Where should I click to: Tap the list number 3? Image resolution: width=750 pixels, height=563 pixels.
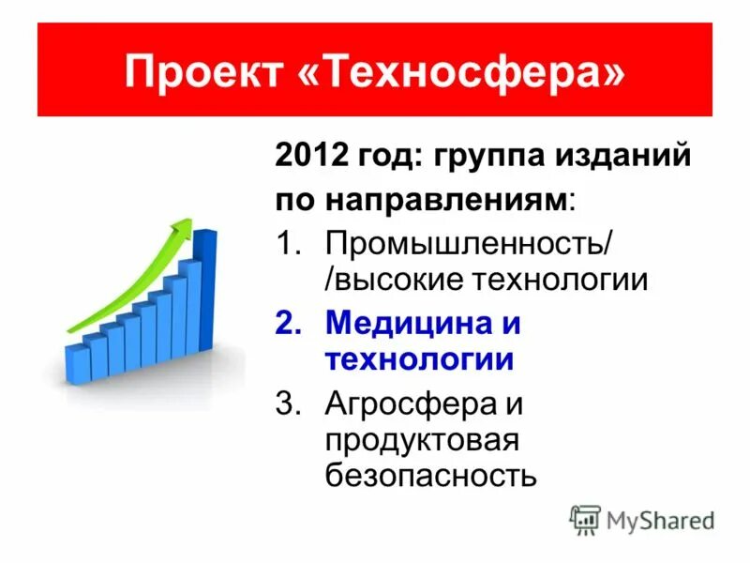(x=287, y=405)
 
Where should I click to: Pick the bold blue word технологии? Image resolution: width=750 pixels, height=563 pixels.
(x=419, y=360)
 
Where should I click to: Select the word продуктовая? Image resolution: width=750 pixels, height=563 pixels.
(x=421, y=441)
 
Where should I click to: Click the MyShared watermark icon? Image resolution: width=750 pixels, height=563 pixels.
(x=584, y=519)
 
